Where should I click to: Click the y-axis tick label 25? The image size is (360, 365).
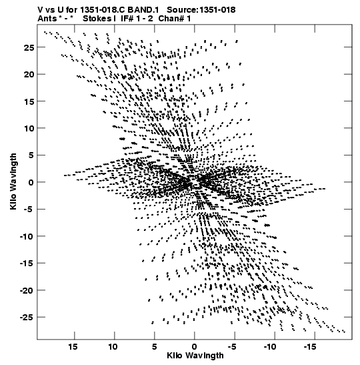point(29,48)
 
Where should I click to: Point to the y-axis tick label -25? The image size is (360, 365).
point(27,318)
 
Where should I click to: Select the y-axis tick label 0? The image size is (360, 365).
point(31,183)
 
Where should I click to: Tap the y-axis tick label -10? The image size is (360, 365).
point(27,236)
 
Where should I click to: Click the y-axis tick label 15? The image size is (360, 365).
point(29,101)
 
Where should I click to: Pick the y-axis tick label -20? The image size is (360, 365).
point(27,290)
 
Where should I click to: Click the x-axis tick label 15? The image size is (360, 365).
point(73,347)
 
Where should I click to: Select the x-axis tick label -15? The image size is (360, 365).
point(310,347)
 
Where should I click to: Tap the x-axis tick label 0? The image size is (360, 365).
point(194,347)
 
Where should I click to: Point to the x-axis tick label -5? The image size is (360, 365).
point(232,347)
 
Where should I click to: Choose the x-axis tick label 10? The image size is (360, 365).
point(113,347)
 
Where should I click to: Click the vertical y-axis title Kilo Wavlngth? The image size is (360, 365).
point(13,181)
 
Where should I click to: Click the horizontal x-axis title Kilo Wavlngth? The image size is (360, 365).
point(195,356)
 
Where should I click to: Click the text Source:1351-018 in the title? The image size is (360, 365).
point(201,10)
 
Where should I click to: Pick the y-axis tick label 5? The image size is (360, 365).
point(31,155)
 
